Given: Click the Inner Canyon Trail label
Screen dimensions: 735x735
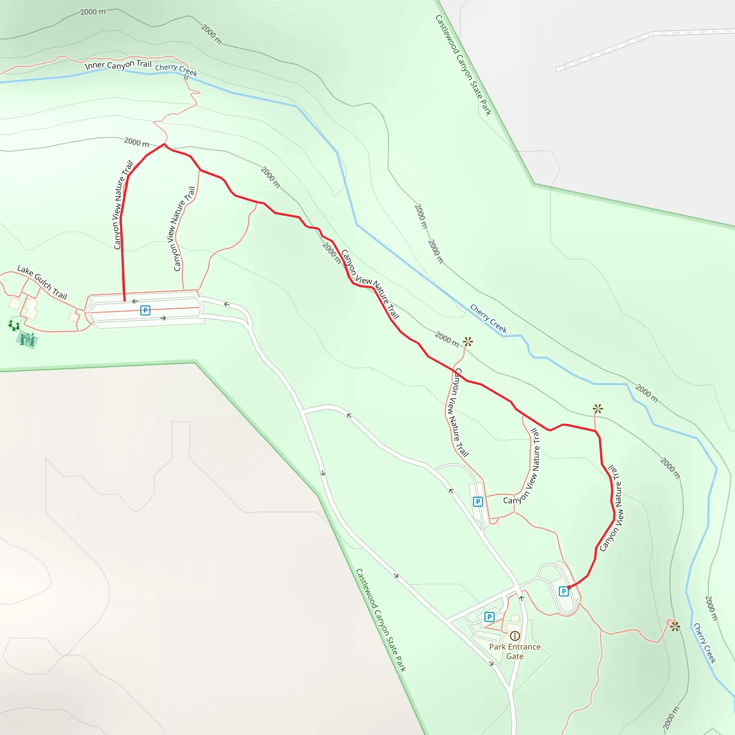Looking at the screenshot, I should (x=118, y=65).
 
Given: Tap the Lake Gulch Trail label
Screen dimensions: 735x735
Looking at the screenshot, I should (x=42, y=283).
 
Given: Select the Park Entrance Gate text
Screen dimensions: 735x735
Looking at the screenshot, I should (x=515, y=651).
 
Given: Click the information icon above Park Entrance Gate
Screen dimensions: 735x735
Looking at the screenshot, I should (x=515, y=636).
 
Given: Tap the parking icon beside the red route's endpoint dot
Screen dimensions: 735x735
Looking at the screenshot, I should (x=563, y=591).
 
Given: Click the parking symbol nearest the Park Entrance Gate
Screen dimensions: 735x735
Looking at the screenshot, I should (x=489, y=617).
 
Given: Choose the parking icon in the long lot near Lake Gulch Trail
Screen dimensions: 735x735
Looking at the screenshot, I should (x=145, y=310).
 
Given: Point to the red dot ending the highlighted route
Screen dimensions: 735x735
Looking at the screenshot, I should (x=569, y=587).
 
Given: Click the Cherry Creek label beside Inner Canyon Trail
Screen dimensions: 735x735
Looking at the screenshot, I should (x=176, y=70).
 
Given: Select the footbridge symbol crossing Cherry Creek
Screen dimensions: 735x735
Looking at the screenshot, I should (x=186, y=76).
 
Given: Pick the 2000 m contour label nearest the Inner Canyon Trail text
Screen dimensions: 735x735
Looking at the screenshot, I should (x=136, y=143).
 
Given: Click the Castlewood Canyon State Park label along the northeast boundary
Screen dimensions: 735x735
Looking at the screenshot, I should (x=463, y=65).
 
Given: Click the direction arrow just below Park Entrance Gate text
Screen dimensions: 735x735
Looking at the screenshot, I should (x=491, y=664).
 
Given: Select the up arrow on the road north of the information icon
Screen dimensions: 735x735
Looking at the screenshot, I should (x=521, y=598).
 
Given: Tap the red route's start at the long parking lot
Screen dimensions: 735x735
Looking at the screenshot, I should (x=125, y=300).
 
